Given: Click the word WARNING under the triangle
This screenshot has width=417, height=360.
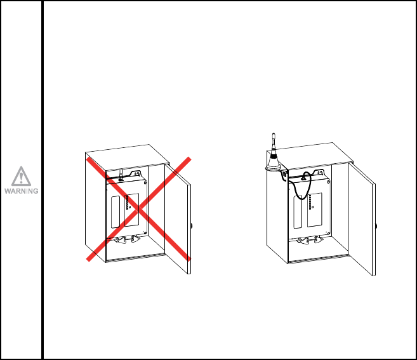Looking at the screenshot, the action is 22,190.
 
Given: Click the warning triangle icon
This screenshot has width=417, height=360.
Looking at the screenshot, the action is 22,176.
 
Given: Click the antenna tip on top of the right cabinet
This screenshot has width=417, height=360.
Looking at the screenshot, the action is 274,134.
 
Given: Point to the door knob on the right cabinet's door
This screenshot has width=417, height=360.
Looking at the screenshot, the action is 375,227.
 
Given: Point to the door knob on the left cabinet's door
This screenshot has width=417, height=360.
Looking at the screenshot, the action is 192,226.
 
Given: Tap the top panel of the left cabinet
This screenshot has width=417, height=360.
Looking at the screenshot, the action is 127,154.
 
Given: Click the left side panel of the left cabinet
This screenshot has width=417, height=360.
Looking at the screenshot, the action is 95,203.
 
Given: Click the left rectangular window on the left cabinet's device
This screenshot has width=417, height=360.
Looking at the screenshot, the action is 115,211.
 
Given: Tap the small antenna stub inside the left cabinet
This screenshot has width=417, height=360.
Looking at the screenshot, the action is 120,173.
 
